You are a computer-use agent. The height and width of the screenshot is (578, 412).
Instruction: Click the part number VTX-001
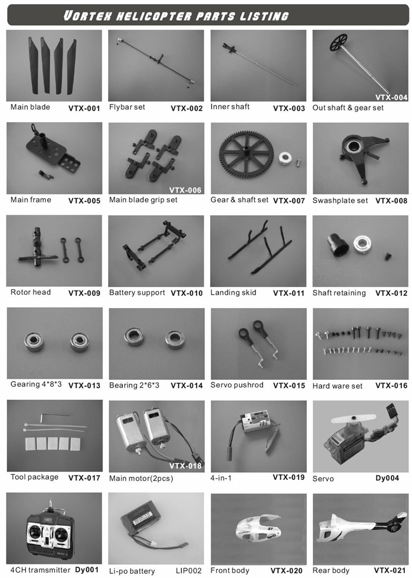point(84,108)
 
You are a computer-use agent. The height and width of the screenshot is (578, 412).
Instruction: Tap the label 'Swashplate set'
point(340,201)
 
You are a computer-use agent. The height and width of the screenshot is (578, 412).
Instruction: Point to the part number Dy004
point(387,478)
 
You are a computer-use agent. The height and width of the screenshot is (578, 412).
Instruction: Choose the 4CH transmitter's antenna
point(50,505)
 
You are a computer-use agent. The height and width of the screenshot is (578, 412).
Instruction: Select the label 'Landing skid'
point(233,293)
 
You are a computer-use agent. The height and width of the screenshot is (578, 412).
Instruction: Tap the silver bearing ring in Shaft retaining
point(361,245)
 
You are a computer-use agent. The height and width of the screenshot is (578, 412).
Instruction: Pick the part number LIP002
point(189,570)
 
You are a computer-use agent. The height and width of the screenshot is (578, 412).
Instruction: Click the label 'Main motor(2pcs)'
point(141,479)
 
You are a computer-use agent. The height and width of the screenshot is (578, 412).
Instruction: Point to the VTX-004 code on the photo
point(391,98)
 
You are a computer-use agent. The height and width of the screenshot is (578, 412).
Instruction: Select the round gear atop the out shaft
point(338,42)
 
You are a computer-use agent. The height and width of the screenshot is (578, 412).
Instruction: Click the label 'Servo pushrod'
point(237,385)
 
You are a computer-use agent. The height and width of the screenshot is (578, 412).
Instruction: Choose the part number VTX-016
point(391,386)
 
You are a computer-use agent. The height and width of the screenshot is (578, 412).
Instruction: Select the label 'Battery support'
point(137,293)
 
